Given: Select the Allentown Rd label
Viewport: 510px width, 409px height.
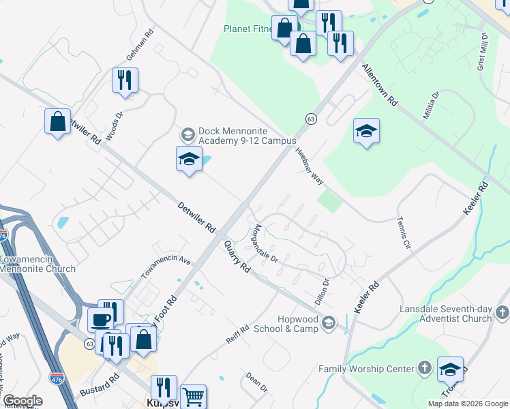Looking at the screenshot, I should (x=380, y=85).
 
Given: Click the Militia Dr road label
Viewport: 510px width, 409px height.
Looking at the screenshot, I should (x=430, y=105).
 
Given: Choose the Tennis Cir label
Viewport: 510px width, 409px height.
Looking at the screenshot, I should (x=404, y=232).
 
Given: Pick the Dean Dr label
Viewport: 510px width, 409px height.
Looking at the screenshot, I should (x=256, y=382).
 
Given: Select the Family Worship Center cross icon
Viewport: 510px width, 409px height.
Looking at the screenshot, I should (x=423, y=369).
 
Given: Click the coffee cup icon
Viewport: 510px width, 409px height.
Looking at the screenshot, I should (x=101, y=319).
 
